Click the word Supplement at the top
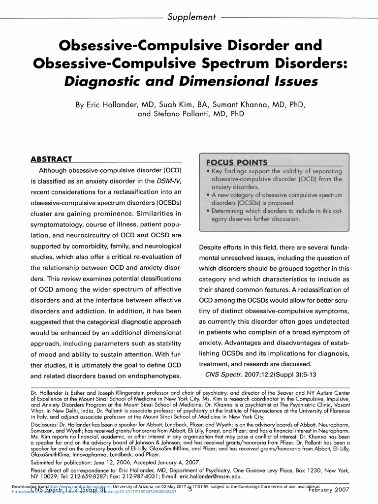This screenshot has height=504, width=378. [x=192, y=17]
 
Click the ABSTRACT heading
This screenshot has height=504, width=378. [x=51, y=159]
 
